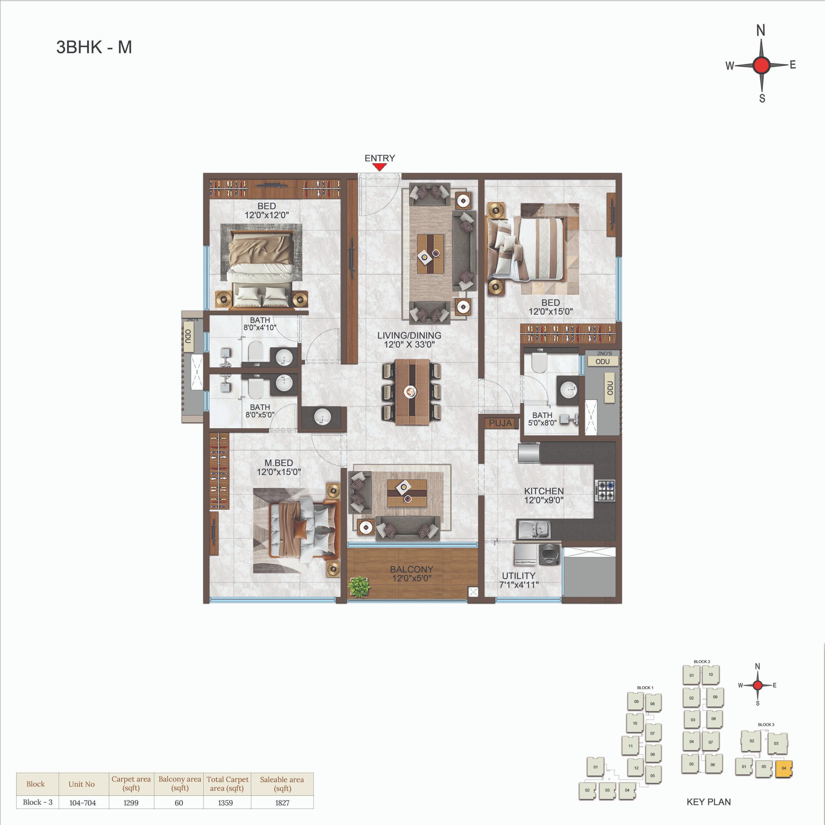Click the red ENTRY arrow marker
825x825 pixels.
pyautogui.click(x=379, y=167)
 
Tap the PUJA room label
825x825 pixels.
pyautogui.click(x=500, y=423)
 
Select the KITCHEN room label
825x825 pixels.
pyautogui.click(x=544, y=491)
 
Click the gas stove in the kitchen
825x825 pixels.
pyautogui.click(x=606, y=490)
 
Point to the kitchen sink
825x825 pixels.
pyautogui.click(x=533, y=529)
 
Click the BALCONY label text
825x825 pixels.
pyautogui.click(x=411, y=569)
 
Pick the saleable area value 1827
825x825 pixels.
pyautogui.click(x=282, y=803)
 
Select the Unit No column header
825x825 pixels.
pyautogui.click(x=82, y=784)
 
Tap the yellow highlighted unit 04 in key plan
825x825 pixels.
pyautogui.click(x=783, y=768)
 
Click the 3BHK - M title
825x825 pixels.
pyautogui.click(x=94, y=47)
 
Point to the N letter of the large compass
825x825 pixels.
pyautogui.click(x=761, y=30)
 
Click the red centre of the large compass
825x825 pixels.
pyautogui.click(x=762, y=65)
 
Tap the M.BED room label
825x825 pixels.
pyautogui.click(x=278, y=463)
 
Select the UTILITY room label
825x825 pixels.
pyautogui.click(x=519, y=576)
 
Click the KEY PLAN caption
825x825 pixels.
pyautogui.click(x=708, y=802)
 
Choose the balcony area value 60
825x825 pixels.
pyautogui.click(x=179, y=803)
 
